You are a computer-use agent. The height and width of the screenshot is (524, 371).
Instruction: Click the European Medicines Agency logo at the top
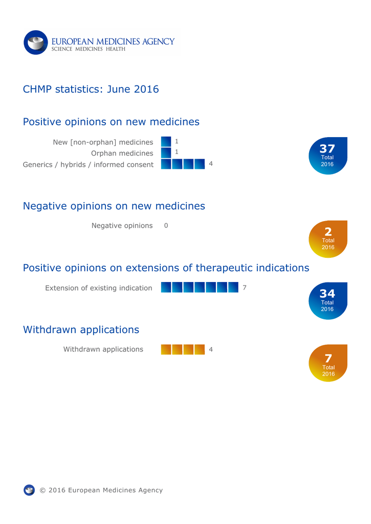[99, 42]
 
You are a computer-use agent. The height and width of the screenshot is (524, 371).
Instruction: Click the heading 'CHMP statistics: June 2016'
[91, 89]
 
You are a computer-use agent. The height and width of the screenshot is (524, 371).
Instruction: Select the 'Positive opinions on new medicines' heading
[111, 122]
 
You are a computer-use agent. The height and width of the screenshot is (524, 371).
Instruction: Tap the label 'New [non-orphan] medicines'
[103, 142]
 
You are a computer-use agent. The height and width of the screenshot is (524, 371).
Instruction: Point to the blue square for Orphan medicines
[166, 152]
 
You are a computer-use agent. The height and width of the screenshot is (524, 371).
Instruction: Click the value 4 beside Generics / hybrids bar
[211, 164]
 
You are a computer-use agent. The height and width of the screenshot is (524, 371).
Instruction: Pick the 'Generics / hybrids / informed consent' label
[88, 164]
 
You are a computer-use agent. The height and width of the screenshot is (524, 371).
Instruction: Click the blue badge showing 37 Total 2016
[328, 156]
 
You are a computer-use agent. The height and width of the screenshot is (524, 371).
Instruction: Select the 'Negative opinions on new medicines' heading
[114, 206]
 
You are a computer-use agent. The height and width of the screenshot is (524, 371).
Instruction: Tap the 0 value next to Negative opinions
[166, 226]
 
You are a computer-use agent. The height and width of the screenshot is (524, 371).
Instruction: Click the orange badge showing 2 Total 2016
[328, 239]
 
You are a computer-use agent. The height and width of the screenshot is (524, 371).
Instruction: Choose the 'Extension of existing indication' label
[99, 288]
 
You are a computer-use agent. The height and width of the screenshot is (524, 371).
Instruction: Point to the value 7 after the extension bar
[245, 288]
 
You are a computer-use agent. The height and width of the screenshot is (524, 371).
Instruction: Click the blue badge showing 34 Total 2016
[328, 301]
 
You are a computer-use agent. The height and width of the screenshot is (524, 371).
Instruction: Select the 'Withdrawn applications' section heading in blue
[81, 330]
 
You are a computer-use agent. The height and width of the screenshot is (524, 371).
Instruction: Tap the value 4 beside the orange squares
[211, 349]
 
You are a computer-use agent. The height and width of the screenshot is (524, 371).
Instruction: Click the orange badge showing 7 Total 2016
[328, 363]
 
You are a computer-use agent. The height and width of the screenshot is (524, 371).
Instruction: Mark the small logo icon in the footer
[29, 490]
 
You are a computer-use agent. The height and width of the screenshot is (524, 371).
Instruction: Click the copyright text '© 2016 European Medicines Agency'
[101, 490]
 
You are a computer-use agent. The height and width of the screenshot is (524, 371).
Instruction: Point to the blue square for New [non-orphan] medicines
[166, 142]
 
